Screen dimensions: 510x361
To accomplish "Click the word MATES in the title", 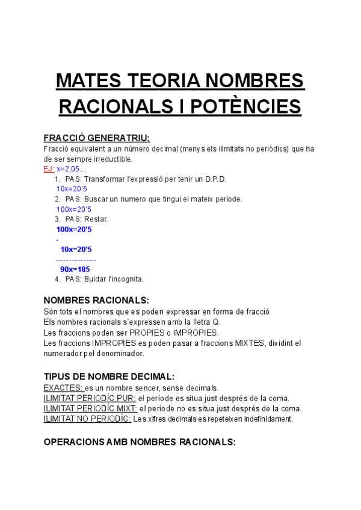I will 84,81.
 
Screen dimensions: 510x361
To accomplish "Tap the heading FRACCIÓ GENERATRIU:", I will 97,138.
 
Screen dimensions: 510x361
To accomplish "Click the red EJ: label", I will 49,169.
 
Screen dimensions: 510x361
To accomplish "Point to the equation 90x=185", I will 75,269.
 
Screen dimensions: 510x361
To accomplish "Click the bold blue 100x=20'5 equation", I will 73,229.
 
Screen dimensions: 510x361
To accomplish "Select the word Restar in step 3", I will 96,219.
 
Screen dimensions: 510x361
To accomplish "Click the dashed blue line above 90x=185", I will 76,260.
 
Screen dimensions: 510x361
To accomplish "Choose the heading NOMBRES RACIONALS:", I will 96,300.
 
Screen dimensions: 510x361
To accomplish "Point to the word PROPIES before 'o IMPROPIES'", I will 146,333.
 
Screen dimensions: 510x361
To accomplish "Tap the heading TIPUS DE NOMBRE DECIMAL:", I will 109,376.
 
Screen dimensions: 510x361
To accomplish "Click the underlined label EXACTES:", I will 63,388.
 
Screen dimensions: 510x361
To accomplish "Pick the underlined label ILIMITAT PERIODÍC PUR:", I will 90,398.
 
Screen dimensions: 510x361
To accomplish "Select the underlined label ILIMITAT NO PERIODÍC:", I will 87,419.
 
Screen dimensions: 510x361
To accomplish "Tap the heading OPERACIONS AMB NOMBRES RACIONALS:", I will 140,441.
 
